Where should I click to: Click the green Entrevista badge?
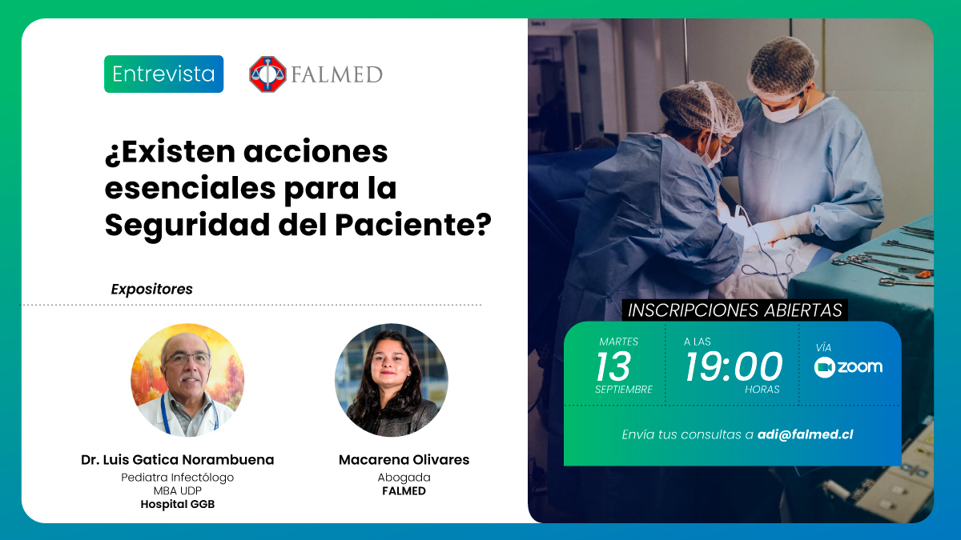tap(163, 74)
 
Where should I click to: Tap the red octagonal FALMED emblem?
tap(267, 74)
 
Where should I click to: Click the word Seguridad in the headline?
tap(187, 226)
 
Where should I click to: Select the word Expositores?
tap(152, 290)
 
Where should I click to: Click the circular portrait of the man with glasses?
tap(187, 380)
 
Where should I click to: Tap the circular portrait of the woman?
tap(392, 380)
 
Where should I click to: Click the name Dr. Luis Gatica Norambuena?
tap(178, 460)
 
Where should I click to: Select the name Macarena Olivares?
tap(404, 460)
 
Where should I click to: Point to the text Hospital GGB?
tap(178, 505)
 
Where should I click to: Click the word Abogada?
tap(404, 478)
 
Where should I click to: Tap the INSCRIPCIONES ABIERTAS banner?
tap(735, 310)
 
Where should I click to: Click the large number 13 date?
tap(613, 366)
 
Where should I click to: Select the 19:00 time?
tap(734, 366)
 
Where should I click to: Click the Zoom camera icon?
tap(825, 367)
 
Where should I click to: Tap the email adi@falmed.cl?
tap(806, 434)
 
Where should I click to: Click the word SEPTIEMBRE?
tap(624, 390)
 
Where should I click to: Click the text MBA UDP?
tap(178, 490)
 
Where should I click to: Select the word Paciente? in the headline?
tap(412, 225)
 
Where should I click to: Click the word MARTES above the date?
tap(618, 342)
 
